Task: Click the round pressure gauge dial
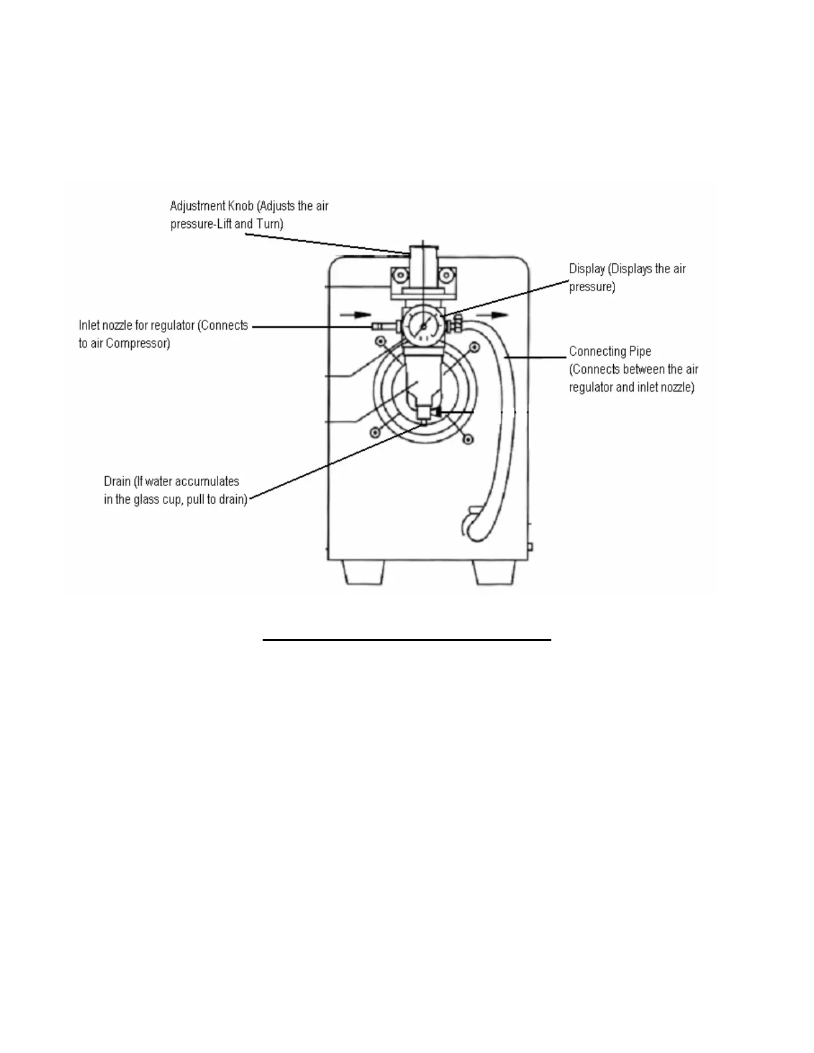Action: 423,326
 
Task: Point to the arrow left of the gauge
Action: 353,314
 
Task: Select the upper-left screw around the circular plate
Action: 380,342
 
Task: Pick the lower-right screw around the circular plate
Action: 470,439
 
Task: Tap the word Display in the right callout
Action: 587,269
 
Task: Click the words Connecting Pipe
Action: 610,352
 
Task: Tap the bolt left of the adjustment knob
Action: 399,274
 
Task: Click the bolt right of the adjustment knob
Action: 447,274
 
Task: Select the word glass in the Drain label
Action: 146,499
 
